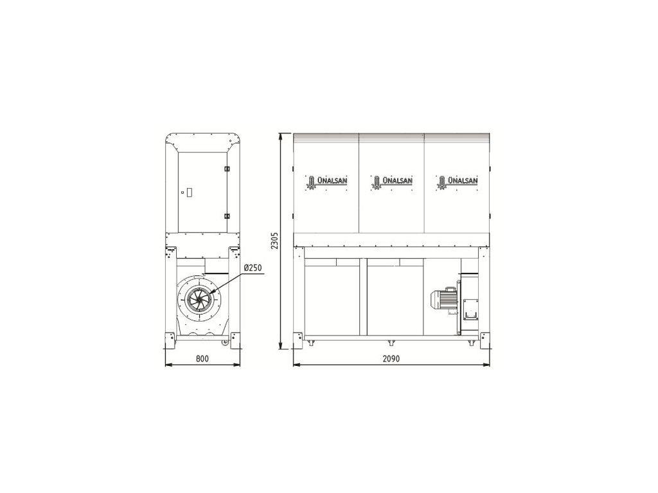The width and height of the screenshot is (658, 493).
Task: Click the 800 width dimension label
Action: point(202,358)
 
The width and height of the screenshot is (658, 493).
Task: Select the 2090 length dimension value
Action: point(391,358)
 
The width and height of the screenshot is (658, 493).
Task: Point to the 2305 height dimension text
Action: point(274,241)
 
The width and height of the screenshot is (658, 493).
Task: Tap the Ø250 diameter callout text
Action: point(253,267)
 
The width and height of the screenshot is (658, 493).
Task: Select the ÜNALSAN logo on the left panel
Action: point(326,182)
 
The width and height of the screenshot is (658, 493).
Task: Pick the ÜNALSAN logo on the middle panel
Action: point(392,182)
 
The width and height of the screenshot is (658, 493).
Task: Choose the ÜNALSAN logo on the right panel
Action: point(458,182)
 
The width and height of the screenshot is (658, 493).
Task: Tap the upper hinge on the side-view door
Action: point(227,169)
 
